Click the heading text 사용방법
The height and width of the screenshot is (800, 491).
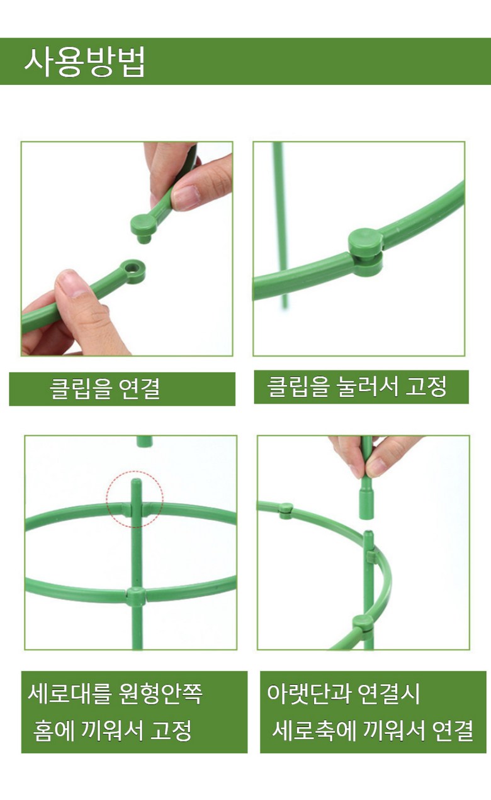(x=85, y=62)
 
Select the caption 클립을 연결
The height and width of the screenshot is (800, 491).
(x=104, y=389)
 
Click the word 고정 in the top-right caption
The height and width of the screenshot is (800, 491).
(x=426, y=386)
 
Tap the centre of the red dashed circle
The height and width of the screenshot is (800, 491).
(x=135, y=499)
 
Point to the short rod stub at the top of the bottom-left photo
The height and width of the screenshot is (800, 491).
(x=144, y=441)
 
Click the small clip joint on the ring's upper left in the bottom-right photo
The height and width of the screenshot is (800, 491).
(x=285, y=511)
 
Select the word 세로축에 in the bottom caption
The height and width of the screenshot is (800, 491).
(x=313, y=730)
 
